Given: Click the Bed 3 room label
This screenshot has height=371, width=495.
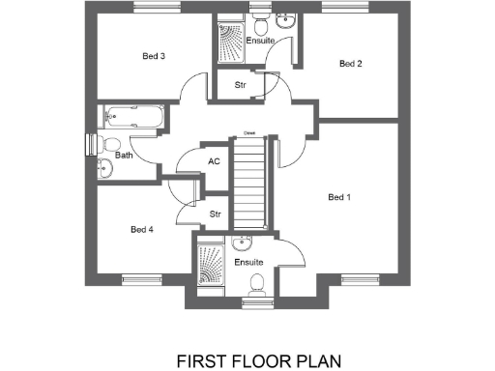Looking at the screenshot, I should pyautogui.click(x=154, y=57).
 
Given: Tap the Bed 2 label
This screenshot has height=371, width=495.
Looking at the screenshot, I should pyautogui.click(x=350, y=64).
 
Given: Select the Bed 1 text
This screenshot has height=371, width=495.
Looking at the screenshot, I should pyautogui.click(x=338, y=198).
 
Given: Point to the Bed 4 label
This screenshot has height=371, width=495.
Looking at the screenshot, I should pyautogui.click(x=142, y=229).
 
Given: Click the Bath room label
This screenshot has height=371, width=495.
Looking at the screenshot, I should pyautogui.click(x=124, y=155).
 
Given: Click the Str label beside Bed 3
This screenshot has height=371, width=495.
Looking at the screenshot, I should pyautogui.click(x=240, y=86).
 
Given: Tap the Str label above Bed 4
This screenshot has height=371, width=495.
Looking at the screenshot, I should pyautogui.click(x=216, y=214).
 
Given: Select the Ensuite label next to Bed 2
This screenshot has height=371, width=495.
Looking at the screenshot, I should pyautogui.click(x=260, y=42).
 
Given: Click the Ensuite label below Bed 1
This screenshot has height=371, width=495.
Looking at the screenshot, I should pyautogui.click(x=249, y=262).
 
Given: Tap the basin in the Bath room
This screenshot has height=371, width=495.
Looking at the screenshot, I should pyautogui.click(x=104, y=171).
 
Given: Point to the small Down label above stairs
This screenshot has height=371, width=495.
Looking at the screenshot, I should pyautogui.click(x=248, y=132).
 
